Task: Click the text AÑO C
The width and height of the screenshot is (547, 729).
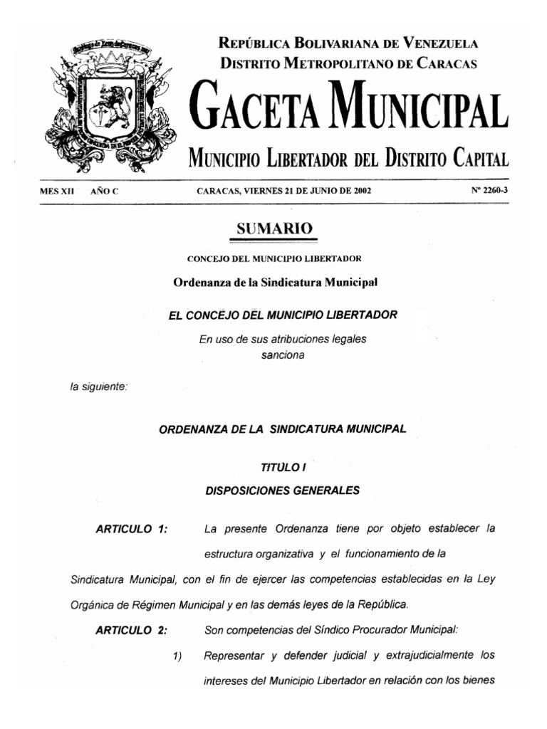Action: tap(104, 192)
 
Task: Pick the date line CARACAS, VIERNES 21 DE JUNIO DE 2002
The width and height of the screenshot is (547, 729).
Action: tap(283, 192)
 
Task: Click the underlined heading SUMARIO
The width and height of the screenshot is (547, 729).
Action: tap(274, 229)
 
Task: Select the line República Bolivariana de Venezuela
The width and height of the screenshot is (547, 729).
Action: tap(348, 43)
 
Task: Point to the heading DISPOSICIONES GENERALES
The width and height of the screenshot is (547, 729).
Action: tap(283, 490)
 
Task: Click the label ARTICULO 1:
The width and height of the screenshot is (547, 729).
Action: tap(132, 529)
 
